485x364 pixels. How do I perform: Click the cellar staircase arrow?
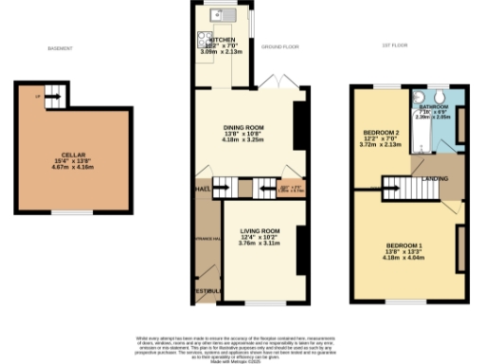[53, 95]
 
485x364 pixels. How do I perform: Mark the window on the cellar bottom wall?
[65, 212]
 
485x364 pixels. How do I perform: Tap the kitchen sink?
[221, 14]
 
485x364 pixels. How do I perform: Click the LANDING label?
[435, 177]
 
